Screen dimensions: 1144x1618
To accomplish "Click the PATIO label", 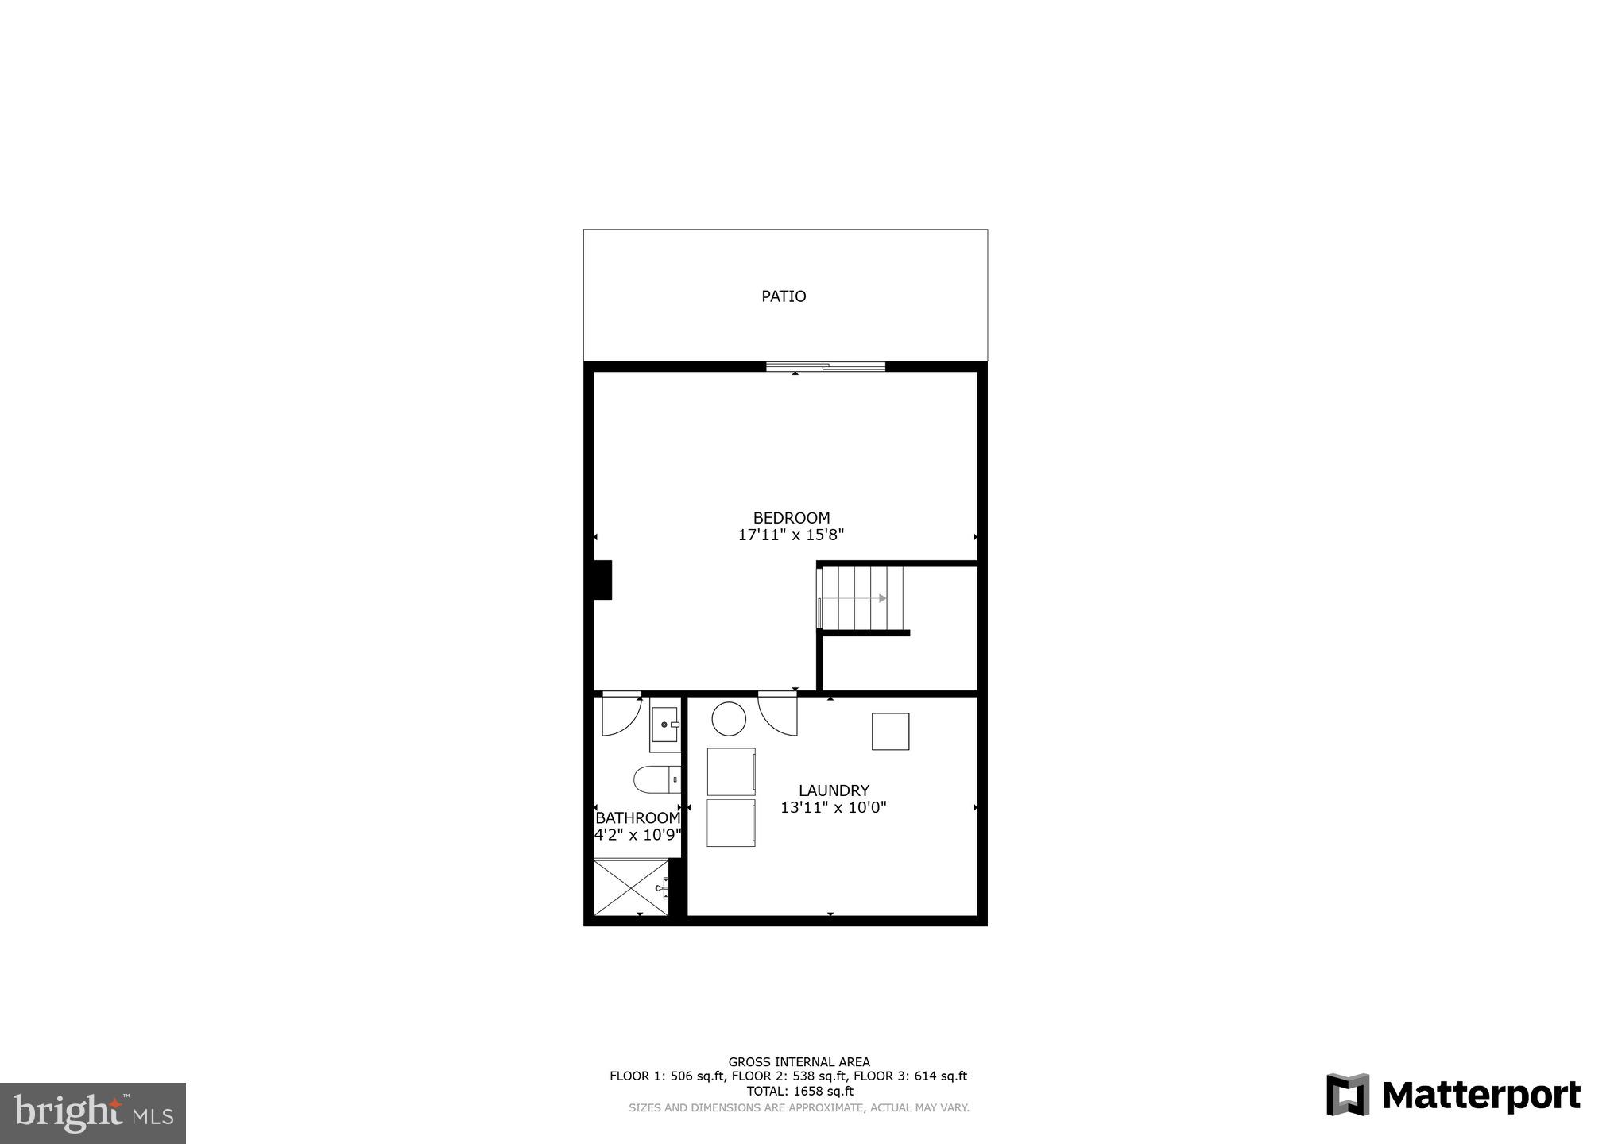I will coord(784,296).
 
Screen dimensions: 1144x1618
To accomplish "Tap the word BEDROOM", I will coord(792,518).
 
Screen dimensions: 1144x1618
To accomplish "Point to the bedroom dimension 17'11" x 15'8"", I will coord(791,535).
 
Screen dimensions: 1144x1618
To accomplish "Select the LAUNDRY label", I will coord(834,790).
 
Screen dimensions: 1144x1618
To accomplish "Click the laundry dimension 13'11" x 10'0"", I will coord(833,808).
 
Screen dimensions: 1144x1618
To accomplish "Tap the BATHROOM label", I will coord(638,818).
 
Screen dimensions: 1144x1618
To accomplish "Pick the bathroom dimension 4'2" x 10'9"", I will coord(638,835).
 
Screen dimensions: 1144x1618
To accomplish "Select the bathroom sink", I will coord(665,725).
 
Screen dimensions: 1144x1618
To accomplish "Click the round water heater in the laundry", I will coord(729,719).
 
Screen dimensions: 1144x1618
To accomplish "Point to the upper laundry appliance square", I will coord(731,771).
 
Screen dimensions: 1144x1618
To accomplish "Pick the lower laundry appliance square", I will coord(731,822).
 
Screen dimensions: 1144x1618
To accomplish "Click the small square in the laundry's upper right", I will coord(890,732).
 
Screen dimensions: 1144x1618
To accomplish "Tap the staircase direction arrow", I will coord(882,598).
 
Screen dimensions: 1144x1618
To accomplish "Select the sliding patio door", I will coord(826,366).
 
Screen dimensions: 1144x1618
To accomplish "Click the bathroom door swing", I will coord(620,713).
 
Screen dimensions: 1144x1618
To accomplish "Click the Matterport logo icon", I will coord(1348,1094).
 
